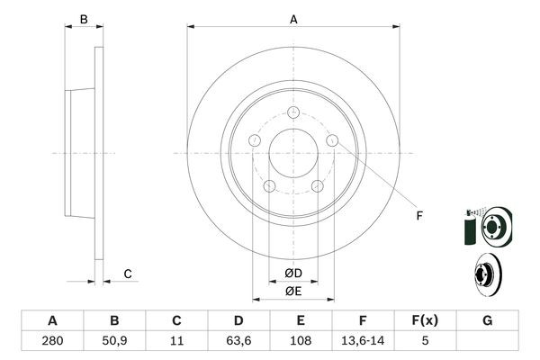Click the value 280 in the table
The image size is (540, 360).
click(52, 342)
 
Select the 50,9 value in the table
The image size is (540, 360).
click(114, 342)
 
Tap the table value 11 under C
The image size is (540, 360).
click(176, 342)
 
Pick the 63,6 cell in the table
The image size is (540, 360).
click(238, 342)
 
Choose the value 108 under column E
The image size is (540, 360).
click(301, 342)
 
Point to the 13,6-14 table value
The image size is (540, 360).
click(363, 342)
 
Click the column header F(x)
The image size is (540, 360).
click(425, 321)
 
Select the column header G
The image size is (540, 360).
click(487, 321)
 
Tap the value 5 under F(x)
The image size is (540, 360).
click(425, 342)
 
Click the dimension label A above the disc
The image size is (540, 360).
click(293, 18)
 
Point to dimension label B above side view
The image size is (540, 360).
click(83, 18)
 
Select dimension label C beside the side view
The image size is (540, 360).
click(128, 274)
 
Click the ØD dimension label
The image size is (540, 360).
click(293, 274)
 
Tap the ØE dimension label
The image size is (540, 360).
click(293, 291)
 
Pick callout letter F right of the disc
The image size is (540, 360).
click(418, 214)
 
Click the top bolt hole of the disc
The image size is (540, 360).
click(293, 112)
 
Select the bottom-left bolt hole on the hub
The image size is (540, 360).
click(269, 185)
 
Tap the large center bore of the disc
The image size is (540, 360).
click(293, 153)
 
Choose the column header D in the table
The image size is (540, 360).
click(238, 321)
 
